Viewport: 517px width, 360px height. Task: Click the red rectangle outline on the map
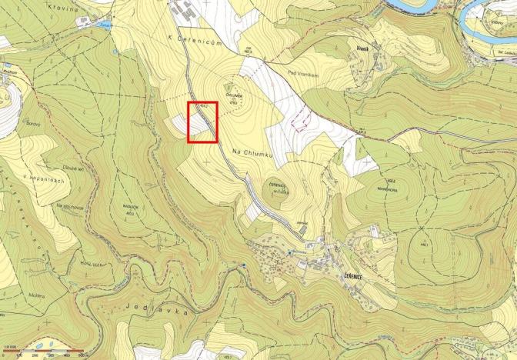click(x=203, y=122)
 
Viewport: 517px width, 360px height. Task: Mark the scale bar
click(x=46, y=351)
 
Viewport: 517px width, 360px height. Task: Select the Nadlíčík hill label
click(x=130, y=218)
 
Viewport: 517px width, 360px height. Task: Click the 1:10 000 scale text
click(x=11, y=350)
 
